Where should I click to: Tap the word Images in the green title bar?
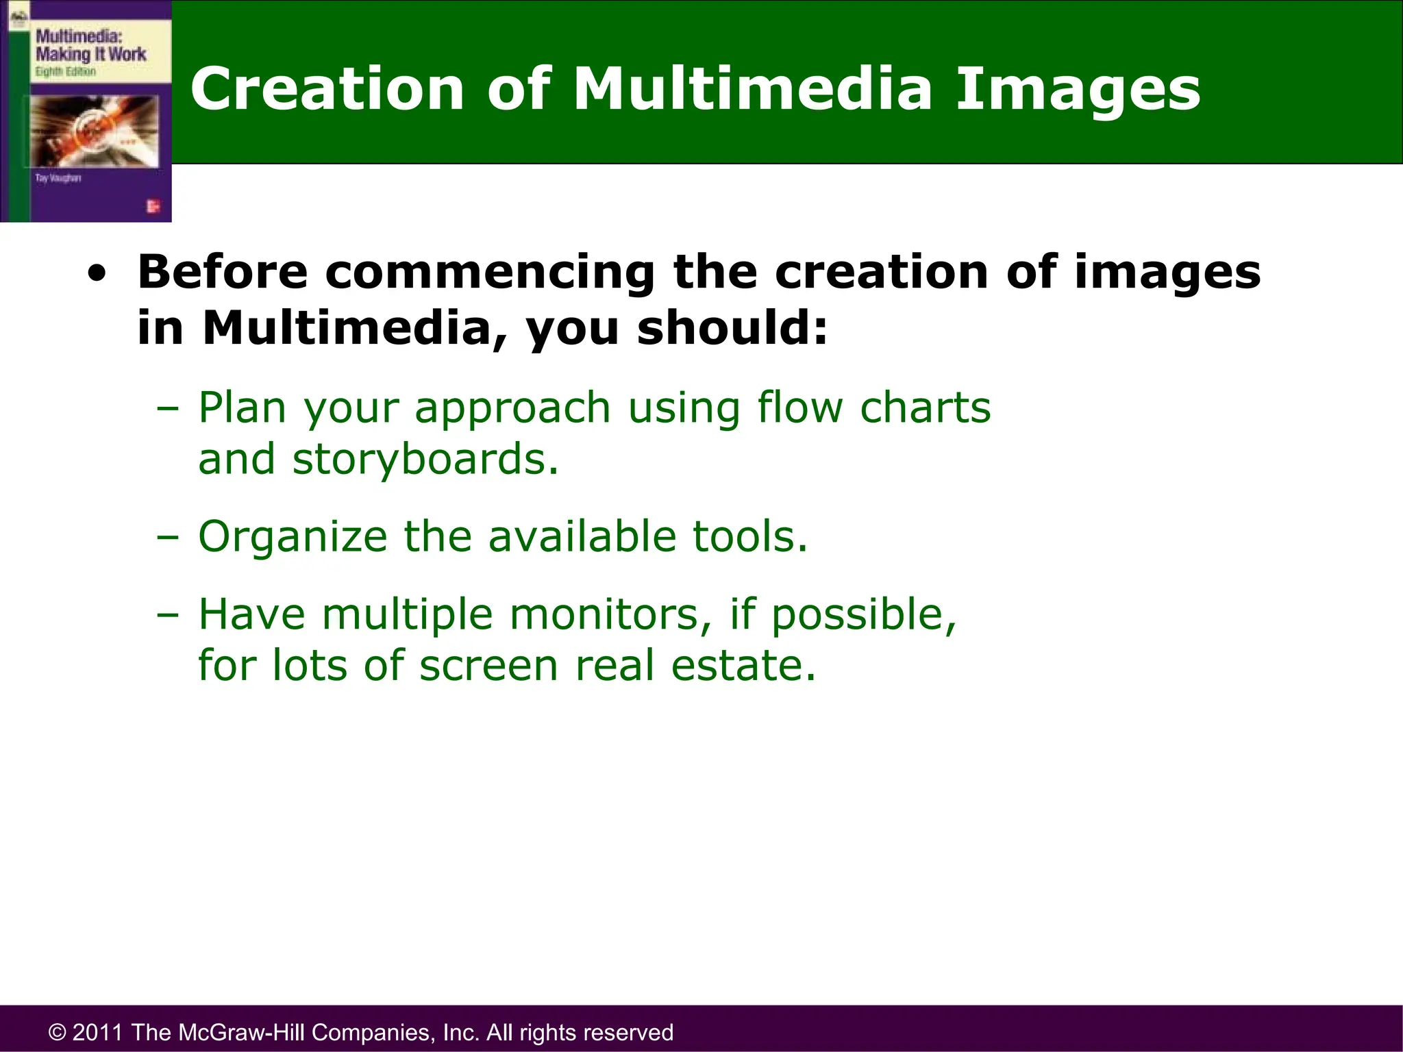(1077, 89)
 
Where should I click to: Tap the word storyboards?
(425, 459)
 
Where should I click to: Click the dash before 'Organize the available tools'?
(167, 537)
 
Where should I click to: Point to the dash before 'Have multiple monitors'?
(167, 614)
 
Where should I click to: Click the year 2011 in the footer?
(98, 1032)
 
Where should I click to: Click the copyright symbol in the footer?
(58, 1032)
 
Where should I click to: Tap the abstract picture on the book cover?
(94, 131)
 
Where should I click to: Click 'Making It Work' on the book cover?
(90, 54)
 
